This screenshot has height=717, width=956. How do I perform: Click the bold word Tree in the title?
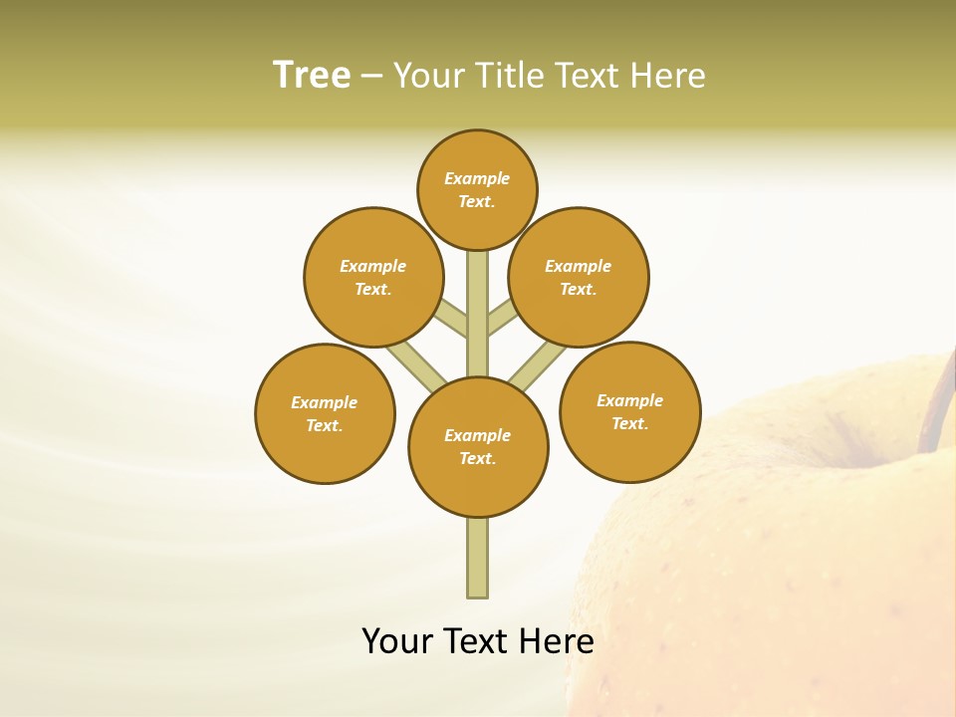pos(312,75)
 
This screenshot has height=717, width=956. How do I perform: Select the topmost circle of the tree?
pos(477,189)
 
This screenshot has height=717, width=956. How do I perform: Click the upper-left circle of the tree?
pos(373,277)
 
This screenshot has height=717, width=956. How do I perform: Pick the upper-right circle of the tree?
pos(579,277)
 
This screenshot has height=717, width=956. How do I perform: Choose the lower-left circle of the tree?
pos(325,413)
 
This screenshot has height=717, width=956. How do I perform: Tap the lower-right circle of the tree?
pos(629,411)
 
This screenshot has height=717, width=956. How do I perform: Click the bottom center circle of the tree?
pos(478,447)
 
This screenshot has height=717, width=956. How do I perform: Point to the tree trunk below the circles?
pos(478,558)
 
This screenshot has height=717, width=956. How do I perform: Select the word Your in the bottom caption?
pos(396,641)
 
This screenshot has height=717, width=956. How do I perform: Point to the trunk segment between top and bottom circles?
pos(478,319)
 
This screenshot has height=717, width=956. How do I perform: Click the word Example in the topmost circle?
pos(477,178)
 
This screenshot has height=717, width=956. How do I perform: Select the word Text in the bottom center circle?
pos(477,459)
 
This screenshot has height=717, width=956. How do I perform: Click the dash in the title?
pos(371,76)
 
